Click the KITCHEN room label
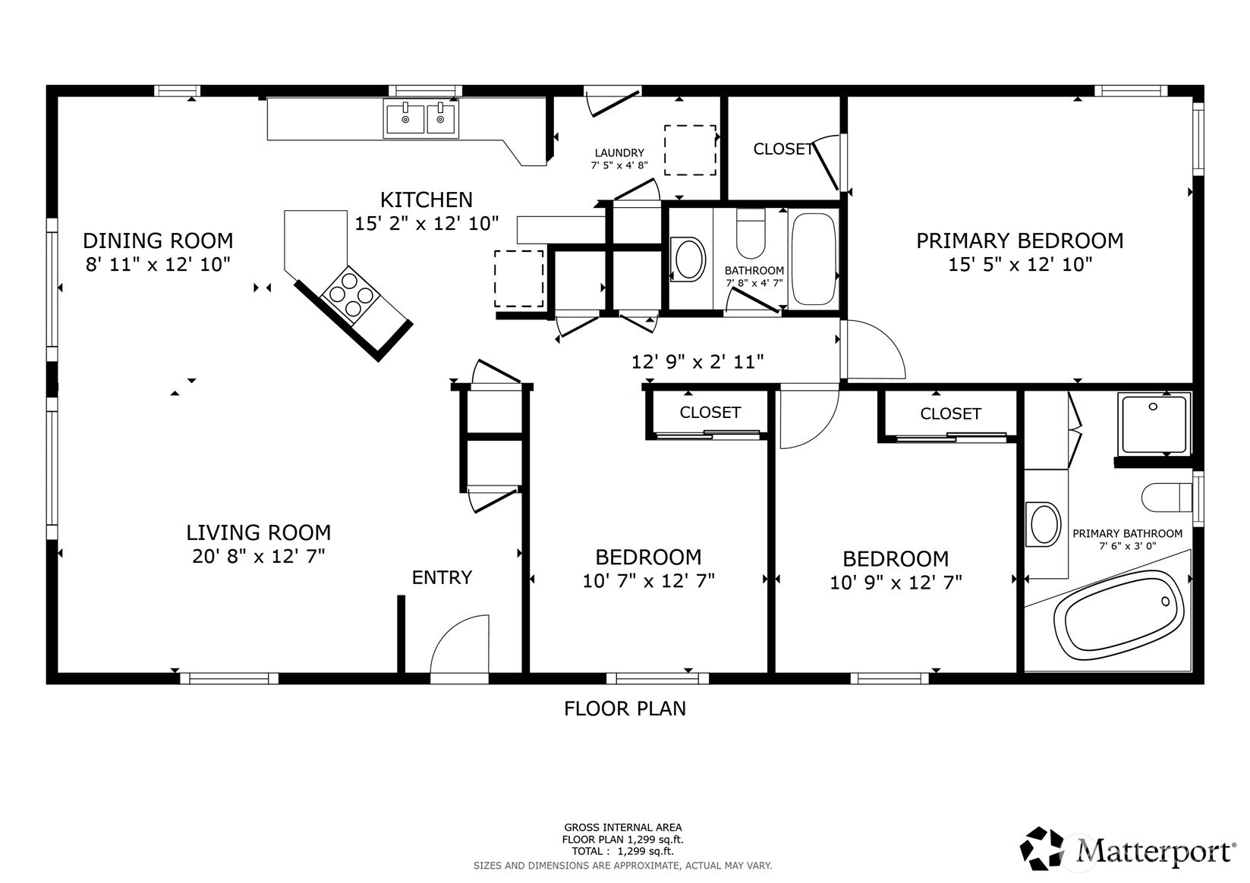(427, 200)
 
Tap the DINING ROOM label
(158, 241)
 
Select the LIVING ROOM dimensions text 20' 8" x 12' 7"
(258, 556)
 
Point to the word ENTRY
(442, 577)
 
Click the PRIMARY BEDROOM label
(1019, 241)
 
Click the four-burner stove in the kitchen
(351, 294)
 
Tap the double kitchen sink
(420, 119)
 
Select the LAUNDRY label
(619, 152)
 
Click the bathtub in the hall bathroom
(814, 259)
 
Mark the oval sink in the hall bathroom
(688, 259)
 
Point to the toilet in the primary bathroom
(1167, 498)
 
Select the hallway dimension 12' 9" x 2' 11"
(697, 362)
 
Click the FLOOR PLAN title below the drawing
(625, 709)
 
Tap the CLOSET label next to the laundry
(783, 149)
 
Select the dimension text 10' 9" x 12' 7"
(896, 583)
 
